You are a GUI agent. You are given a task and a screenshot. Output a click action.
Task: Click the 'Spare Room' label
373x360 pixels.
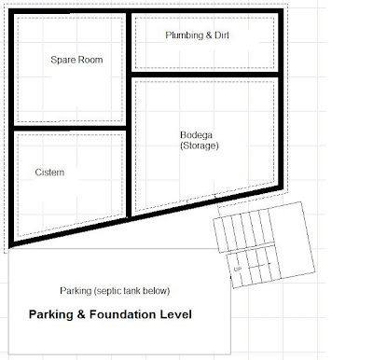coord(76,60)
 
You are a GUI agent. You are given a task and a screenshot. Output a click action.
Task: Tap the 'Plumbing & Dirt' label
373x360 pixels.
coord(198,35)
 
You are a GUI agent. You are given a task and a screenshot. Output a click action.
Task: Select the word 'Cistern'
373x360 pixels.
coord(49,173)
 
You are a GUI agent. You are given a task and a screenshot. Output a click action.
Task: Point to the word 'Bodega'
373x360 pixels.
coord(196,135)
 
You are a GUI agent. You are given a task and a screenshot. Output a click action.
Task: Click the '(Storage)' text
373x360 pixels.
coord(200,145)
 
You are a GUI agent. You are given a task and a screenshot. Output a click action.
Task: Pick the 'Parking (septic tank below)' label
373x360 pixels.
coord(115,291)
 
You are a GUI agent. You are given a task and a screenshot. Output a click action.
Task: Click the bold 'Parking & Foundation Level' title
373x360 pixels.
coord(110,314)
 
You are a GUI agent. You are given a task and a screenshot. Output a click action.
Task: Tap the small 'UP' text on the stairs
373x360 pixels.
coord(238,269)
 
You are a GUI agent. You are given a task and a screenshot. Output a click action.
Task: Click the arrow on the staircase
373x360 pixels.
coord(259,265)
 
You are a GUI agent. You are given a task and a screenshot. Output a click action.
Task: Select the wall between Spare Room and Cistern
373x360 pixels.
coord(70,128)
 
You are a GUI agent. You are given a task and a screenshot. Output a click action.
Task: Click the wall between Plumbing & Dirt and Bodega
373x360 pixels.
coord(205,75)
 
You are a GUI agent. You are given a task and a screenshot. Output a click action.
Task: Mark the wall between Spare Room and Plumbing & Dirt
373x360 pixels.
coord(129,43)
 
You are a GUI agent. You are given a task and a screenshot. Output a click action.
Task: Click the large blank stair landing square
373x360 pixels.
coord(292,239)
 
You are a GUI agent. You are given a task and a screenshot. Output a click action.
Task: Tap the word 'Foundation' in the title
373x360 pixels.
coord(123,314)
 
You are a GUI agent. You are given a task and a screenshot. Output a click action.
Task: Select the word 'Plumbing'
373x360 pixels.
coord(185,35)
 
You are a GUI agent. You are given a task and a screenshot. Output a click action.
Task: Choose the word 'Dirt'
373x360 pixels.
coord(222,35)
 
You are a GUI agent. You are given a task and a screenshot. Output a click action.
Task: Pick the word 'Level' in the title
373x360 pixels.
coord(176,314)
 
